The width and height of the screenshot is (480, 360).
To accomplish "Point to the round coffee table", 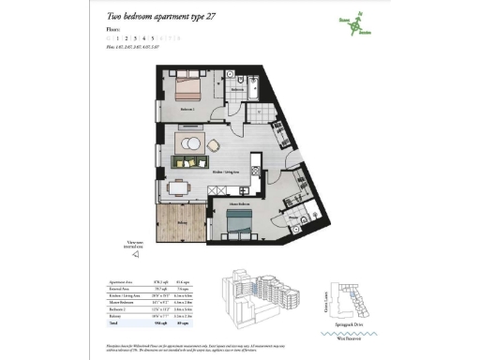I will (x=190, y=142).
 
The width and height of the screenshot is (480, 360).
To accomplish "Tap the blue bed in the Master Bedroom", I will (x=239, y=224).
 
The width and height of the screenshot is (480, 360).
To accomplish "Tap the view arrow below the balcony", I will (x=135, y=253).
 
